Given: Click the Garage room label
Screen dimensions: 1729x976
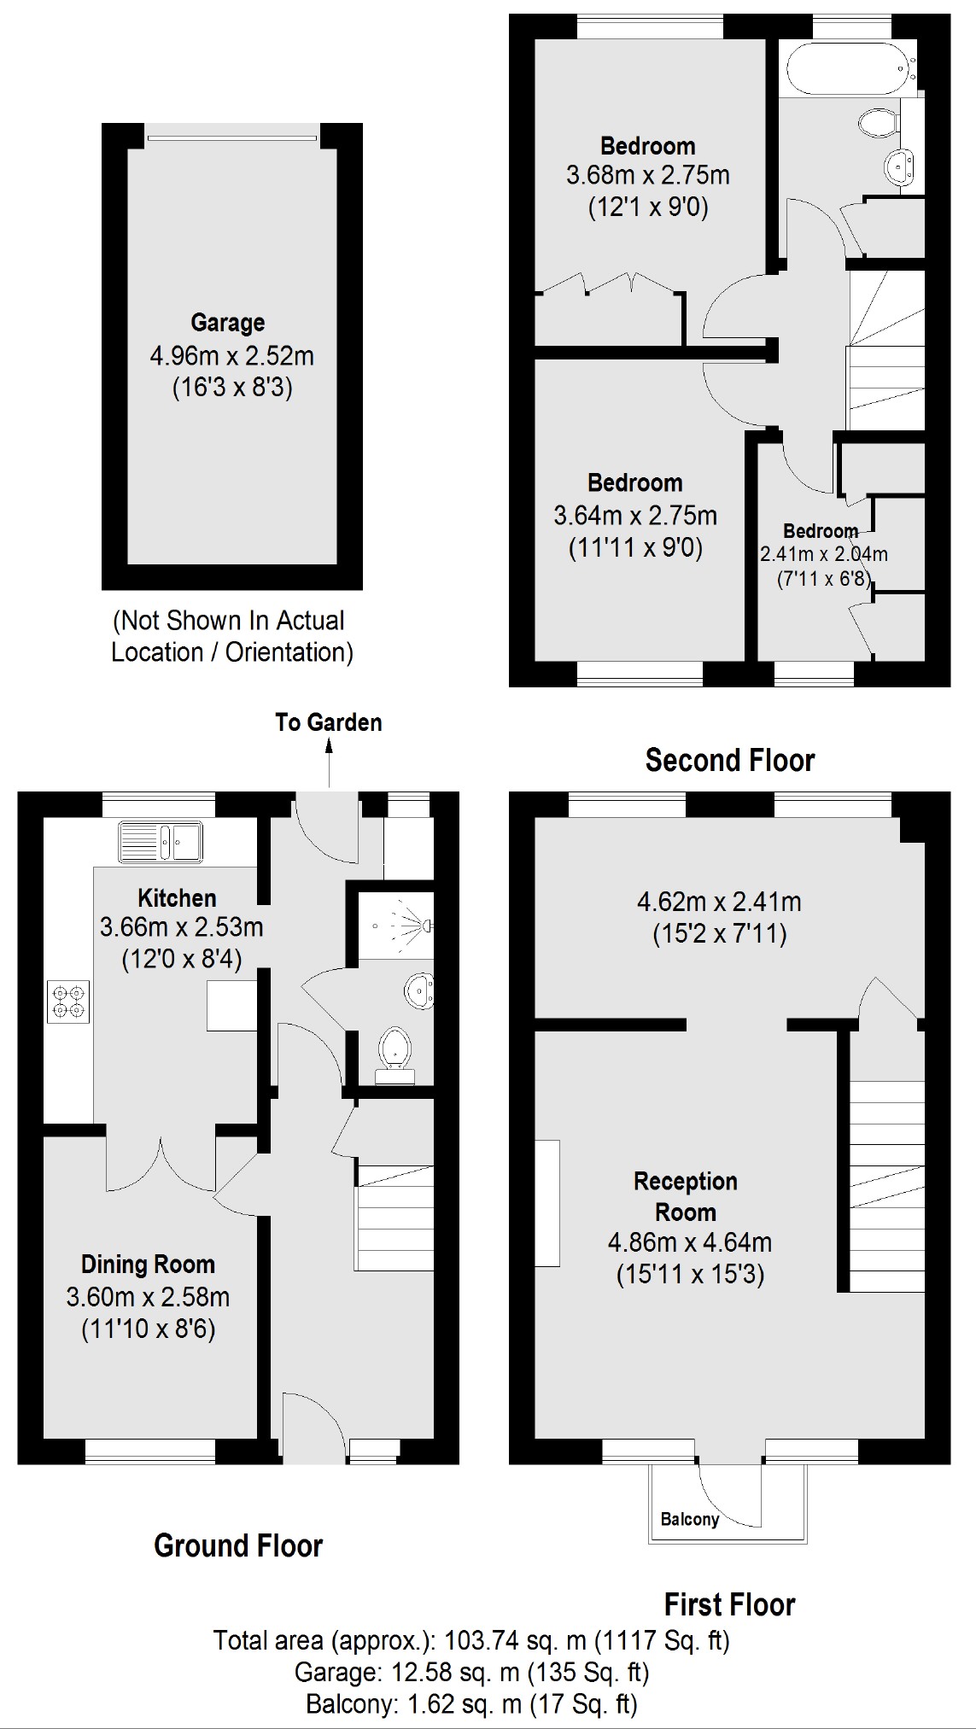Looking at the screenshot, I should pos(227,323).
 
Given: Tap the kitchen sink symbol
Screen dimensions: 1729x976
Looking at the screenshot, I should pos(161,841).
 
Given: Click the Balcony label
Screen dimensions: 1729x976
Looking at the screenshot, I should pos(690,1519).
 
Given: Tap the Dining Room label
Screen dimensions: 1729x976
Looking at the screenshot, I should pos(148,1264).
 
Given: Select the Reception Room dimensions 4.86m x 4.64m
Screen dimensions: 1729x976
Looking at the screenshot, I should pos(689,1242).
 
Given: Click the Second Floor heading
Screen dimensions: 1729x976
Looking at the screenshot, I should pos(729,760).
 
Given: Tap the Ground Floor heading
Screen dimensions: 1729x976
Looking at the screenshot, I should pos(238,1545).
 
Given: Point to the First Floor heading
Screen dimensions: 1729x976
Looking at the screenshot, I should pos(729,1604).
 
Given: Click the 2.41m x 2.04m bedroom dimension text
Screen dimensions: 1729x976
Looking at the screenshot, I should pos(823,554).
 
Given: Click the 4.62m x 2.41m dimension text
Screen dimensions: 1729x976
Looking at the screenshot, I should pos(719,902).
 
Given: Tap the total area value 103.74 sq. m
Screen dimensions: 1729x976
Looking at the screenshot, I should pos(511,1640).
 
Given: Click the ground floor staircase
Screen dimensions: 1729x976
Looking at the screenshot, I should pos(394,1217).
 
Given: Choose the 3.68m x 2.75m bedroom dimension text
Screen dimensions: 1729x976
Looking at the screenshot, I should pos(647,175).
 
